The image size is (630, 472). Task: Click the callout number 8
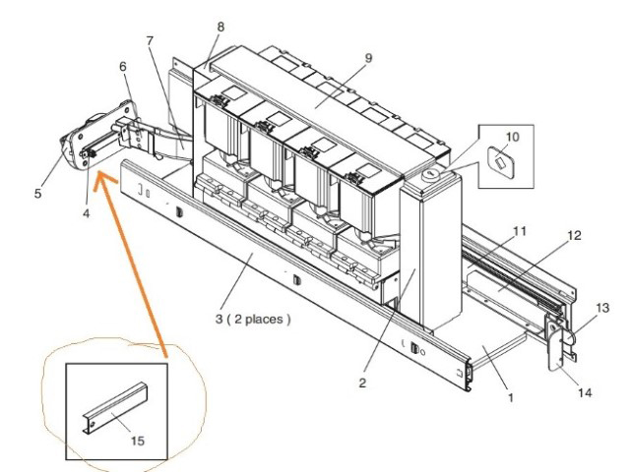[220, 28]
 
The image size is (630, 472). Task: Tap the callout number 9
[368, 58]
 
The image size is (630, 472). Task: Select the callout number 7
[150, 41]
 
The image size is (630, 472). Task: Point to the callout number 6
[123, 67]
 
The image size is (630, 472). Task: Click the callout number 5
[37, 194]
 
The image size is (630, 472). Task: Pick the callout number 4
[87, 214]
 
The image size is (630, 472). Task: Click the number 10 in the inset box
[512, 137]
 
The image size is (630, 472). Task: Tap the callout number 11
[520, 231]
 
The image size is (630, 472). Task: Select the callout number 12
[575, 235]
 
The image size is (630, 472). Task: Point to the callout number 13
[602, 308]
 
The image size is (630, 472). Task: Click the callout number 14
[585, 392]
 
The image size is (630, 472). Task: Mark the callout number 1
[511, 397]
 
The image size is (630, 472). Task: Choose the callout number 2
[362, 383]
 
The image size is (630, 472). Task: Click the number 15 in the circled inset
[138, 441]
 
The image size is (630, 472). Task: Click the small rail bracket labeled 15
[115, 407]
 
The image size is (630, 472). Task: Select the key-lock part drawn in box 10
[501, 161]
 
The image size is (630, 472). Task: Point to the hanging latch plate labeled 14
[555, 345]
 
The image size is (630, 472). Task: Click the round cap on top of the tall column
[430, 175]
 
